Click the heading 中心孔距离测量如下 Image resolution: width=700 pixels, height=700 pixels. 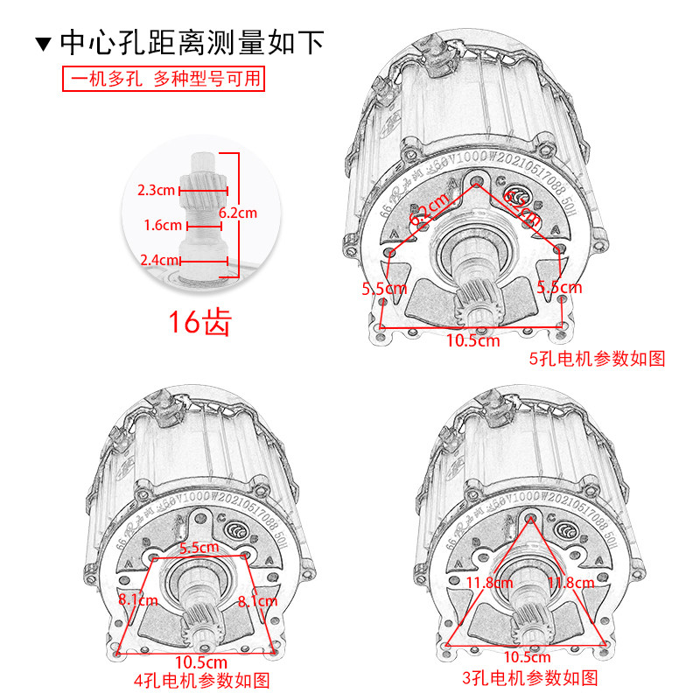point(191,41)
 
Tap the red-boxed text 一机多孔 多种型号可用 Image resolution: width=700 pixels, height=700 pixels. point(164,79)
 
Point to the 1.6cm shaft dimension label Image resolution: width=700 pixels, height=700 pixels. point(163,225)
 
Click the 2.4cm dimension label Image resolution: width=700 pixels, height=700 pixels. point(158,260)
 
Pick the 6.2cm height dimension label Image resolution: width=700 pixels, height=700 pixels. point(238,212)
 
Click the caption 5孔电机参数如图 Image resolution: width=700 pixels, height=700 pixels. point(598,359)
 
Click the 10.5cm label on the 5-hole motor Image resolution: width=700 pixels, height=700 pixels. point(472,340)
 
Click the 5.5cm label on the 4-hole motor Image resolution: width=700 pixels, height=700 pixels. point(199,548)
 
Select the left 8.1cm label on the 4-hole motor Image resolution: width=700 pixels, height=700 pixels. point(138,600)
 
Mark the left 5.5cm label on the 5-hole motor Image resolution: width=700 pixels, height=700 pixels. point(385,287)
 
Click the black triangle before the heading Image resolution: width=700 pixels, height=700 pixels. point(44,42)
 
